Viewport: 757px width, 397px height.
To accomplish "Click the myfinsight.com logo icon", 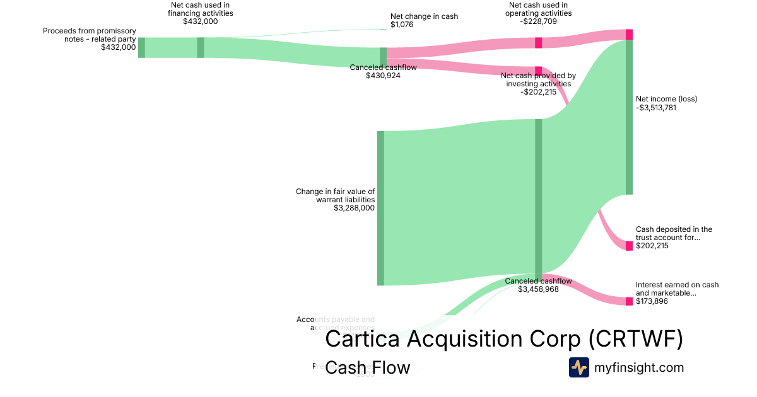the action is point(578,367).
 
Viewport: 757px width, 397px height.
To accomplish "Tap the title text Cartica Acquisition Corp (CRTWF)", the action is point(504,339).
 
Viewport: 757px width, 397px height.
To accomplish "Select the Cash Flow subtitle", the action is point(367,367).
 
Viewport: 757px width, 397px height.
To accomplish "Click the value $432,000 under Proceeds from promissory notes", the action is point(118,47).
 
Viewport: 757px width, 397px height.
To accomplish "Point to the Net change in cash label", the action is point(424,16).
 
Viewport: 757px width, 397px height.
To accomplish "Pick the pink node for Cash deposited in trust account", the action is point(629,246).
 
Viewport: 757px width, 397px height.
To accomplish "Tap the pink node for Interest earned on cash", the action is point(629,301).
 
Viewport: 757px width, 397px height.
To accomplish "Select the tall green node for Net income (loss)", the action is point(629,117).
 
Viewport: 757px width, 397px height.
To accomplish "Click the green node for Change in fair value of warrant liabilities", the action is point(380,208).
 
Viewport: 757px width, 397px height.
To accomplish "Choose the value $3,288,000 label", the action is point(354,207).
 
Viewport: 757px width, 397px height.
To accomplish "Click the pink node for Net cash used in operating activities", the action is point(539,42).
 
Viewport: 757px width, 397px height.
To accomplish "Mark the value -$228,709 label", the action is point(538,21).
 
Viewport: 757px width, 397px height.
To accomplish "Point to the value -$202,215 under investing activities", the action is point(538,92).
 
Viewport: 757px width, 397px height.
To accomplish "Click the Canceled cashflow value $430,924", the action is point(383,76).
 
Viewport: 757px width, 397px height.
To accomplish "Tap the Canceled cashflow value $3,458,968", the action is point(538,289).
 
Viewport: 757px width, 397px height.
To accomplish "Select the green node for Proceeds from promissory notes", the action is point(141,47).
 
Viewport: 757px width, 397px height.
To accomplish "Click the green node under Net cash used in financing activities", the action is point(201,47).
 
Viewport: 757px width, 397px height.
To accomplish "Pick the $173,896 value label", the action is point(652,301).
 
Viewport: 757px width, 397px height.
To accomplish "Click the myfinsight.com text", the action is point(639,367).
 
